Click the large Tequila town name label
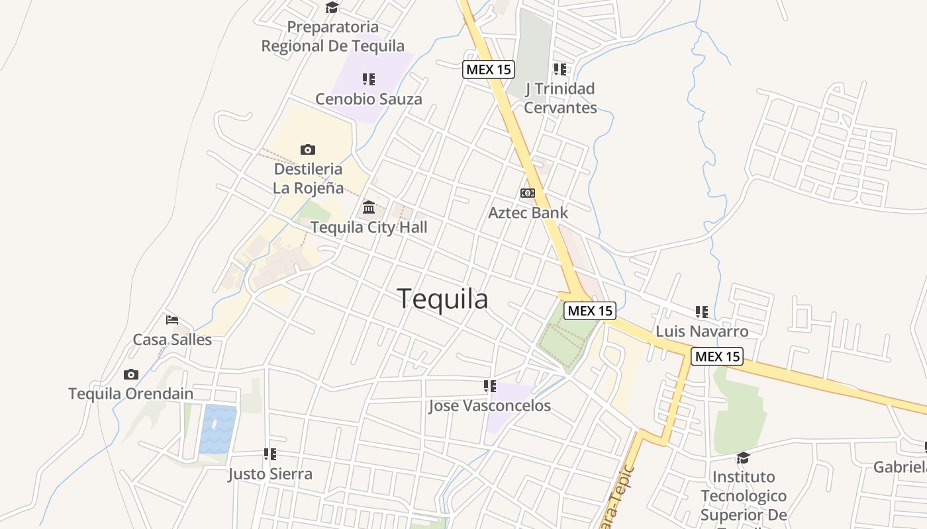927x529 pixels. coord(442,300)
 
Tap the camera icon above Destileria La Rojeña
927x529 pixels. coord(308,149)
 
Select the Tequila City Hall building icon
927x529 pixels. coord(369,208)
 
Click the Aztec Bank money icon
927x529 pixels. coord(528,193)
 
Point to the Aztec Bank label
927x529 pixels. coord(528,213)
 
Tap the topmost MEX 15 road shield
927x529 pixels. coord(489,69)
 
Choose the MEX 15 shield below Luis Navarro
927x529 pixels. coord(717,356)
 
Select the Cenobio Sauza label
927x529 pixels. coord(368,99)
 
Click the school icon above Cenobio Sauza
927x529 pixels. coord(369,79)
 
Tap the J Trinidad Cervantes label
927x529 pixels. coord(560,98)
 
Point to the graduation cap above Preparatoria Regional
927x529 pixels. coord(332,8)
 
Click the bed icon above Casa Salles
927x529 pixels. coord(172,320)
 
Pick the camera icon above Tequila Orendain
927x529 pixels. coord(131,374)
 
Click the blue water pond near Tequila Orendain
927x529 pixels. coord(218,429)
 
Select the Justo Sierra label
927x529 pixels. coord(270,474)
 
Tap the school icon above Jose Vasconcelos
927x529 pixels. coord(490,386)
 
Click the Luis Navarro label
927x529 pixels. coord(702,331)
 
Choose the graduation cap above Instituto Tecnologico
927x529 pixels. coord(743,458)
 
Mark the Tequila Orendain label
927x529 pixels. coord(131,394)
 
